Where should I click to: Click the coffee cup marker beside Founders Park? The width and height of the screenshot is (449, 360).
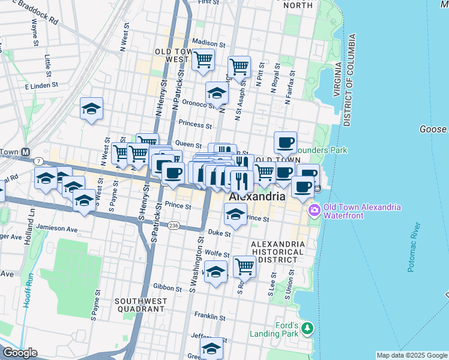pyautogui.click(x=286, y=143)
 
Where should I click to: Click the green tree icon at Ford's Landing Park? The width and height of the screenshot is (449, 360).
pyautogui.click(x=307, y=328)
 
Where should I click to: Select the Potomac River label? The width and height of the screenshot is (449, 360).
pyautogui.click(x=415, y=248)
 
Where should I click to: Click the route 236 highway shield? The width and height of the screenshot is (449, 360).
pyautogui.click(x=173, y=225)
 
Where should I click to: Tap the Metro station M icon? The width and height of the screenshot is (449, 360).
pyautogui.click(x=26, y=152)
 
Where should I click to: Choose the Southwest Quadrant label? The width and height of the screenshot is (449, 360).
pyautogui.click(x=140, y=305)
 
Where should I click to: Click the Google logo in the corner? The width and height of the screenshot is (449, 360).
pyautogui.click(x=19, y=352)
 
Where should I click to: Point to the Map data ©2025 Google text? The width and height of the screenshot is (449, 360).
pyautogui.click(x=411, y=355)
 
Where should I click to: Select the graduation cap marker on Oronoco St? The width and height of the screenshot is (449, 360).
pyautogui.click(x=217, y=93)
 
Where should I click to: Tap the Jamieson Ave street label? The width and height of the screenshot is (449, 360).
pyautogui.click(x=57, y=229)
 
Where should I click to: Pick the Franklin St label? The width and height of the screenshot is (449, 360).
pyautogui.click(x=209, y=317)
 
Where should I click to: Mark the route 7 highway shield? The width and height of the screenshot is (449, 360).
pyautogui.click(x=38, y=162)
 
